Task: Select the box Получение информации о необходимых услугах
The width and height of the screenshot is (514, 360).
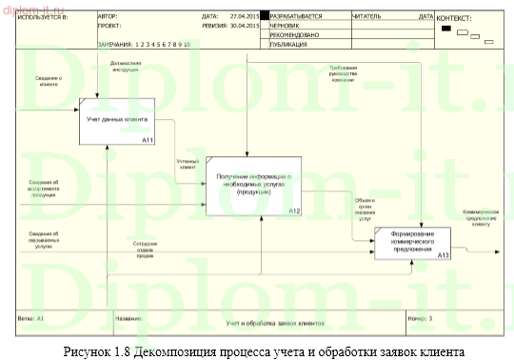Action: [252, 185]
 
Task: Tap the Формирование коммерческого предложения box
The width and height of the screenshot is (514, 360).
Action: [412, 242]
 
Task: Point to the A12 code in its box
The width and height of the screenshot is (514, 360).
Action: [293, 209]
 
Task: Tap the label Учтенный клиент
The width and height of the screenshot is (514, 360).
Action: [188, 164]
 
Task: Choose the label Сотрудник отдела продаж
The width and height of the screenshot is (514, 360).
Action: [147, 249]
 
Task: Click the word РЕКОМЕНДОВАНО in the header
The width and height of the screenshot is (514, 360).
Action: [295, 35]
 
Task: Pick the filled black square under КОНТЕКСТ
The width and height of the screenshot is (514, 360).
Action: [446, 28]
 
